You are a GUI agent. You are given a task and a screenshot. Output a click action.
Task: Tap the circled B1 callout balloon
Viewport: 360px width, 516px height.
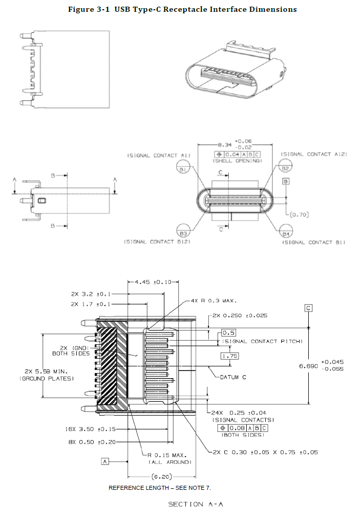click(183, 169)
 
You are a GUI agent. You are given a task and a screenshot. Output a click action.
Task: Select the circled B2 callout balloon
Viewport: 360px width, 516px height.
click(285, 168)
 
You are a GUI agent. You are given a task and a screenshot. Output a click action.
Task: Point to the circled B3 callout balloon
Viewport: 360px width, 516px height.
click(183, 233)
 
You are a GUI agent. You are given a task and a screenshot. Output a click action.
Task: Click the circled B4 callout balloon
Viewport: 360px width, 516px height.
click(285, 233)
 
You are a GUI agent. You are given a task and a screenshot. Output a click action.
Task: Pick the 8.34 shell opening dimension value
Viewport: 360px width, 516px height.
click(225, 145)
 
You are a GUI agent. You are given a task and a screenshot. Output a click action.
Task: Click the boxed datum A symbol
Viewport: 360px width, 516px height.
click(105, 461)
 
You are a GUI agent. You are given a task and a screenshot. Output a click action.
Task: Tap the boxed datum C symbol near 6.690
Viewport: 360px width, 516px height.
click(308, 308)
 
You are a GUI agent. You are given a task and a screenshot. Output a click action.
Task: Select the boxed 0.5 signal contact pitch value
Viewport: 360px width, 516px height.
click(228, 333)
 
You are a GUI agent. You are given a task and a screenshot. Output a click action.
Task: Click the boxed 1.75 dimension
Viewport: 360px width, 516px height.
click(229, 356)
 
